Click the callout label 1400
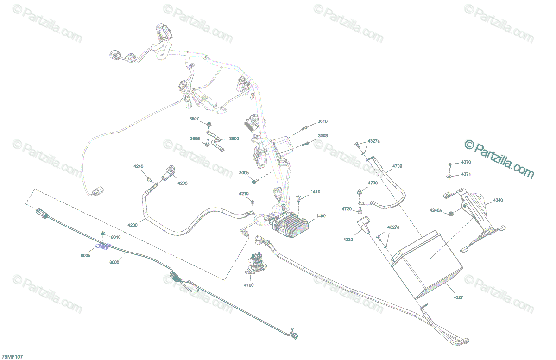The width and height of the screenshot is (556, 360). pyautogui.click(x=321, y=216)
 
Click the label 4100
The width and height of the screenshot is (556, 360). pyautogui.click(x=248, y=285)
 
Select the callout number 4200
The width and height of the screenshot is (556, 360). pyautogui.click(x=133, y=225)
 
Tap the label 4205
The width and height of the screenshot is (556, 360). pyautogui.click(x=183, y=183)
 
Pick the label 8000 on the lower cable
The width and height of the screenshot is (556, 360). pyautogui.click(x=114, y=262)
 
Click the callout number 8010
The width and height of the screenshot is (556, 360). pyautogui.click(x=115, y=237)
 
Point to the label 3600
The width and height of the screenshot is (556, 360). pyautogui.click(x=234, y=139)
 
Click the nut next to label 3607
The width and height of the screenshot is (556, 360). pyautogui.click(x=209, y=124)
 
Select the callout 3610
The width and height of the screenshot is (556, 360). pyautogui.click(x=322, y=121)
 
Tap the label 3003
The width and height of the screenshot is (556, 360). pyautogui.click(x=322, y=136)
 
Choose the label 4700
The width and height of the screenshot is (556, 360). pyautogui.click(x=397, y=165)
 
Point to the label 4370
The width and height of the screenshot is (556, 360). pyautogui.click(x=466, y=162)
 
